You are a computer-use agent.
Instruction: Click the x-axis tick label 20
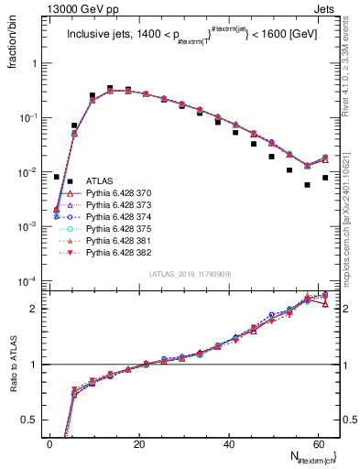(x=138, y=444)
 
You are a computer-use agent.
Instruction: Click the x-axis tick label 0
(x=49, y=444)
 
